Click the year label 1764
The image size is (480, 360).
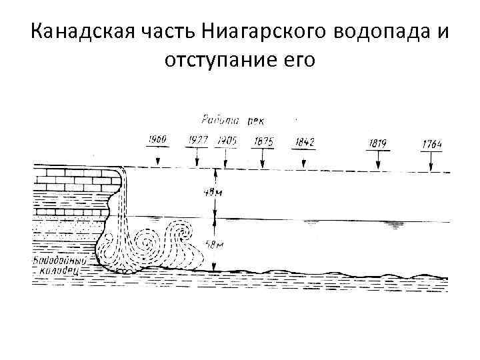tap(432, 143)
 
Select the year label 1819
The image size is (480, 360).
tap(377, 143)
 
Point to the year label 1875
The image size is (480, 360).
tap(264, 141)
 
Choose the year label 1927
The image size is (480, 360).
tap(198, 140)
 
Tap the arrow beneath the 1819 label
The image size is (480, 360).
tap(378, 160)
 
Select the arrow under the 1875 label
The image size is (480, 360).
tap(263, 159)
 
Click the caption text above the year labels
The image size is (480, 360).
tap(232, 120)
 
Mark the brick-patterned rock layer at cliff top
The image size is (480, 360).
tap(77, 178)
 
